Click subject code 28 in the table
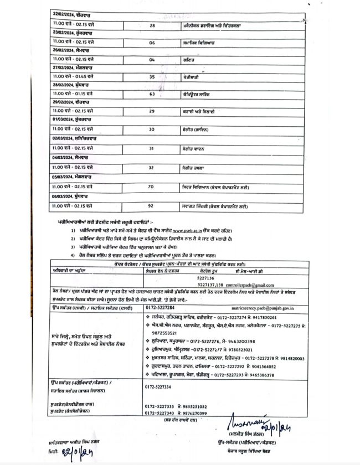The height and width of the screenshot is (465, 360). pos(152,25)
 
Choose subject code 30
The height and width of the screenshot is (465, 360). pos(152,129)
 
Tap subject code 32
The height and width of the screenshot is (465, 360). pos(152,167)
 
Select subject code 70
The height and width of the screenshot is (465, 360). pos(152,187)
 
